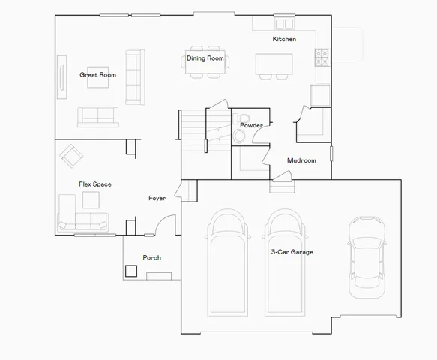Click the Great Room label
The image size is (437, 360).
pos(97,75)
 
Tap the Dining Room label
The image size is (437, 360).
pos(205,58)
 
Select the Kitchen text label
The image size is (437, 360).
pos(284,39)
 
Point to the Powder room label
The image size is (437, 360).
pos(250,125)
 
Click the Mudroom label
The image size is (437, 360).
pos(301,160)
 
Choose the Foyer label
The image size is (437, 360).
pos(157,198)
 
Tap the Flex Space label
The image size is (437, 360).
pos(95,184)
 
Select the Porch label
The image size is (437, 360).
pos(152,257)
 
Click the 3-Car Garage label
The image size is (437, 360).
pos(292,252)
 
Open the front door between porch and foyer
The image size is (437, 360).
pos(166,225)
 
